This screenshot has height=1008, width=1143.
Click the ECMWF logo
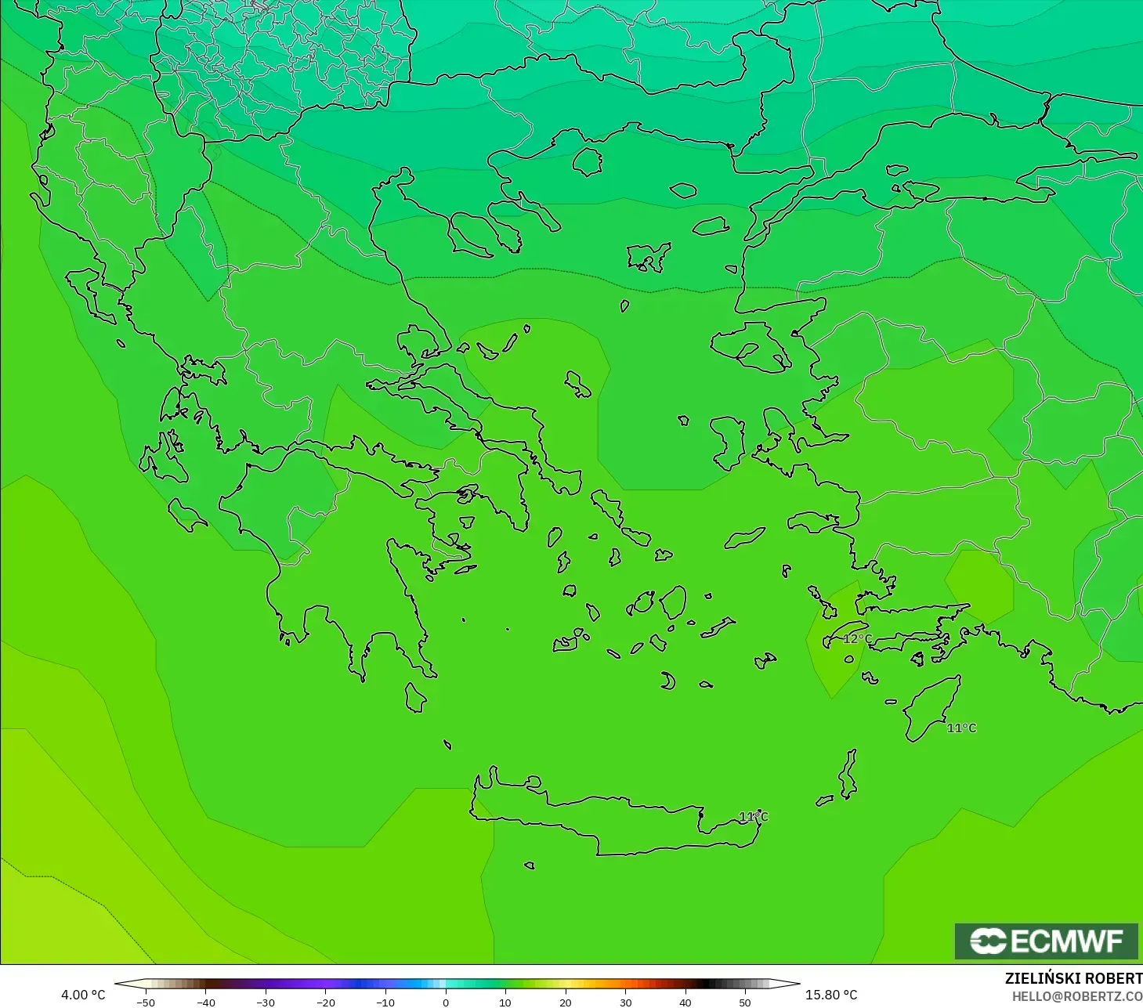1046,941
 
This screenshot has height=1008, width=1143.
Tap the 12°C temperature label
857,639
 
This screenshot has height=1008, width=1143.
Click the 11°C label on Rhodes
961,728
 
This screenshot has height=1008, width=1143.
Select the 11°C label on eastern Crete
754,817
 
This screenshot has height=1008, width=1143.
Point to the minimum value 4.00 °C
83,995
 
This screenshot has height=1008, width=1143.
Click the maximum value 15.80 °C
831,995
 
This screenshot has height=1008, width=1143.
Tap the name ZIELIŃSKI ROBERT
1073,978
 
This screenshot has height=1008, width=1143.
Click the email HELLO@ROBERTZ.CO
1076,996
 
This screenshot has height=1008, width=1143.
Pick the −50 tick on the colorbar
145,1003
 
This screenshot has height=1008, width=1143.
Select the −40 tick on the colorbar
205,1003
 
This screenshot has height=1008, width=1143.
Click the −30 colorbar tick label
266,1003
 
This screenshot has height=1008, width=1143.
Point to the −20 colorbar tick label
325,1003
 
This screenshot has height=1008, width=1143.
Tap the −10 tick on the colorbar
385,1003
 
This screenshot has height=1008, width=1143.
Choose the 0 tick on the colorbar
446,1003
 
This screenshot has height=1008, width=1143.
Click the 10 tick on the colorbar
505,1003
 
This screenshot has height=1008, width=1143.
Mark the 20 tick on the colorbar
566,1003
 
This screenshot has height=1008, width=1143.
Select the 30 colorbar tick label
625,1003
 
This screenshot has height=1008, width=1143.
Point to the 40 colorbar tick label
685,1003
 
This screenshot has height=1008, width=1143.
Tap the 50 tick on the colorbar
745,1003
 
